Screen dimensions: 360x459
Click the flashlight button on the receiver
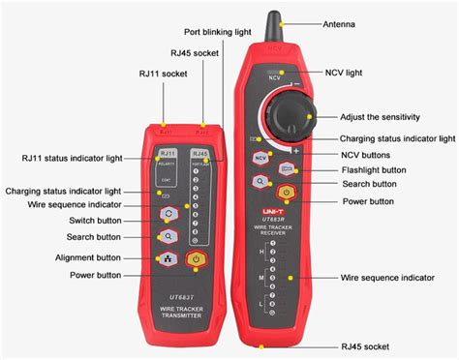tap(286, 168)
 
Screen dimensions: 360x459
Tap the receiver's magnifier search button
tap(260, 181)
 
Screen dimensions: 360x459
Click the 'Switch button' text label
tap(94, 221)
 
